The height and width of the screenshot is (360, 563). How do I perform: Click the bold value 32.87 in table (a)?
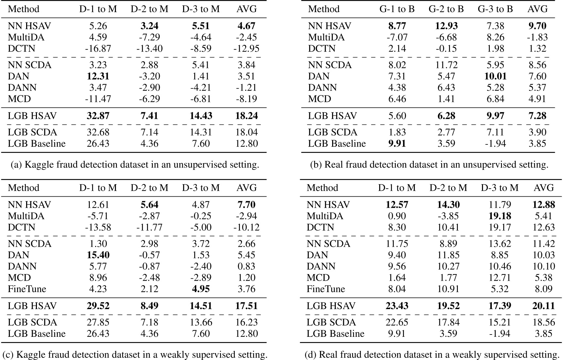[x=98, y=116]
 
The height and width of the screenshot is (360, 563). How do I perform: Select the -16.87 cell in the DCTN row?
[x=98, y=49]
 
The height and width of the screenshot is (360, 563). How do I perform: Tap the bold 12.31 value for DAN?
[x=98, y=76]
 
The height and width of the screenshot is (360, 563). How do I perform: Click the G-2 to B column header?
[x=446, y=9]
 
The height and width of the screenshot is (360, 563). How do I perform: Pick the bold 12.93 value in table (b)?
[x=446, y=26]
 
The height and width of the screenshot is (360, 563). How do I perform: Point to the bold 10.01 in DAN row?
[x=495, y=76]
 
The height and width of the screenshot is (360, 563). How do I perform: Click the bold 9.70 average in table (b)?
[x=537, y=26]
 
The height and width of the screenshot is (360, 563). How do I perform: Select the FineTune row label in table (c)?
[x=27, y=289]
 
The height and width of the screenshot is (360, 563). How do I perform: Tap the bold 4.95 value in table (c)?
[x=201, y=289]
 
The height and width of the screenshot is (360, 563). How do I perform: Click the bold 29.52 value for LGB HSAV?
[x=98, y=306]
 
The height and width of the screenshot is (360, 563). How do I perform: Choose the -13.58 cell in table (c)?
[x=98, y=227]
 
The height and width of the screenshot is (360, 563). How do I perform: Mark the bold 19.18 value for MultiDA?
[x=500, y=216]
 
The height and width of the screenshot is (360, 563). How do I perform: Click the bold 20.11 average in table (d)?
[x=544, y=306]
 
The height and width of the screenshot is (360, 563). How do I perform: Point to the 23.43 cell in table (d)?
[x=397, y=306]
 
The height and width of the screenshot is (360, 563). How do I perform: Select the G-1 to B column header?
[x=397, y=9]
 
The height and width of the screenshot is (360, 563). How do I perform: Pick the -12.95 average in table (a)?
[x=247, y=49]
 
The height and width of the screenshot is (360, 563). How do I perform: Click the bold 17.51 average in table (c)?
[x=247, y=306]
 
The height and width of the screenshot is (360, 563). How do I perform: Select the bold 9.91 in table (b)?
[x=397, y=144]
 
